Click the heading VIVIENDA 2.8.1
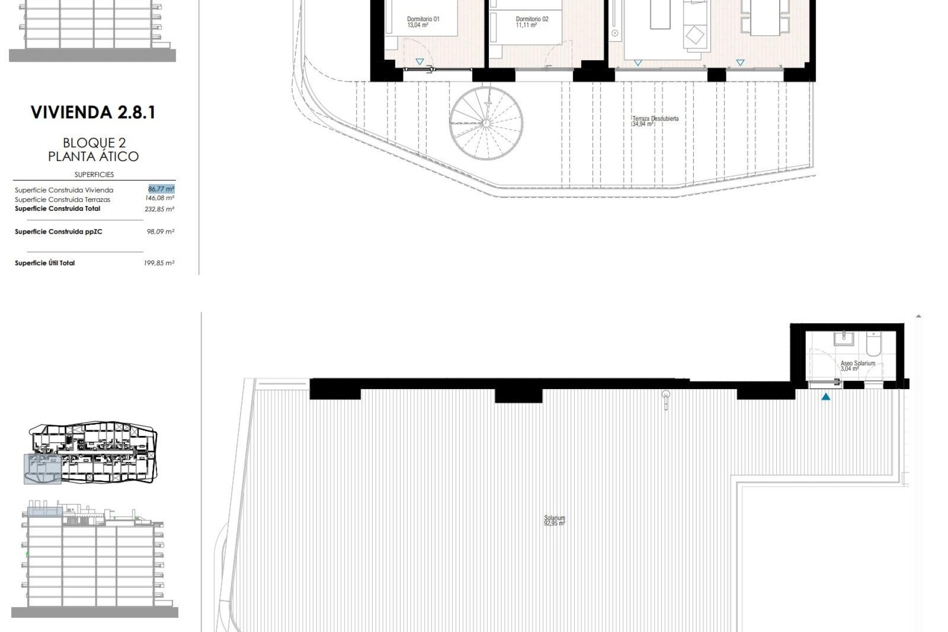[x=93, y=113]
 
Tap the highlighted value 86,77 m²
[x=161, y=189]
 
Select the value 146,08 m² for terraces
[x=159, y=198]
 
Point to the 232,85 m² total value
[x=159, y=209]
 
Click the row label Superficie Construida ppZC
[x=58, y=232]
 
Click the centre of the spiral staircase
[x=486, y=123]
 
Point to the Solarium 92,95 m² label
[x=554, y=520]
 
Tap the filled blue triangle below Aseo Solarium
[x=826, y=396]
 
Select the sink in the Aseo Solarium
[x=844, y=338]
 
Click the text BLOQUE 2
[x=94, y=143]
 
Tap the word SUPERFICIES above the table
[x=94, y=174]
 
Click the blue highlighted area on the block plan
[x=42, y=469]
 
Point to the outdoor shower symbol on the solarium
[x=666, y=399]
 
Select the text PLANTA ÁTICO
[x=94, y=157]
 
